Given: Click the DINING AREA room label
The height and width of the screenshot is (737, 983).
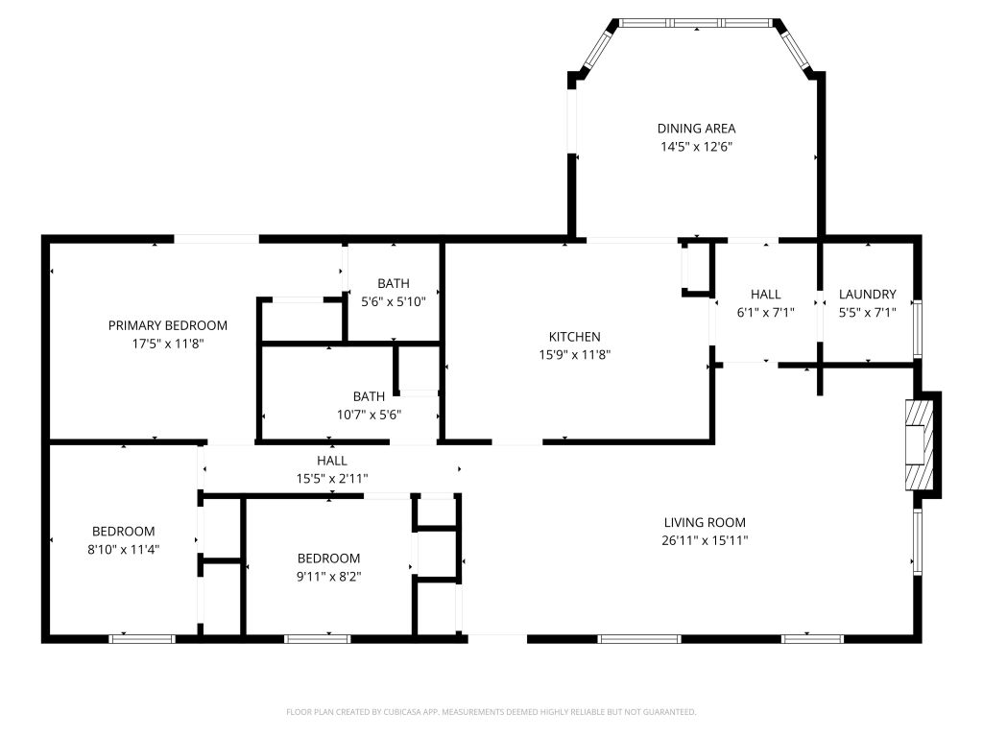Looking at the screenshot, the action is click(x=696, y=129).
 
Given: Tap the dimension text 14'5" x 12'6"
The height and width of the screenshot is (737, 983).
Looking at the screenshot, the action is click(x=697, y=147).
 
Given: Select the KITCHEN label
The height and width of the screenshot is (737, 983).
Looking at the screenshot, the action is click(x=574, y=337).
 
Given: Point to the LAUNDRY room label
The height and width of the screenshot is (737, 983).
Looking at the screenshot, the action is click(x=867, y=294).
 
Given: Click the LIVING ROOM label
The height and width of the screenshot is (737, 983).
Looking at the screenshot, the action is click(x=705, y=522).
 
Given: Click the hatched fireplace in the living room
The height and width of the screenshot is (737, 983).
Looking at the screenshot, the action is click(x=920, y=444).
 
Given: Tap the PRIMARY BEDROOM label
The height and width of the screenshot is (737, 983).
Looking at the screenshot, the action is click(x=167, y=325).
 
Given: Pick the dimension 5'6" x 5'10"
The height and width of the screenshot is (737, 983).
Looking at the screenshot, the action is click(x=393, y=301).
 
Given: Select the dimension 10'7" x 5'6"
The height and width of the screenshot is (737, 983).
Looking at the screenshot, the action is click(x=369, y=415).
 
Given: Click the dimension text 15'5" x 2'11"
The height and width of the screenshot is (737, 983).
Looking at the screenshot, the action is click(x=331, y=478).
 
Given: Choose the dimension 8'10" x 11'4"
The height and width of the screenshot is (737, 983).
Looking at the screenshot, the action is click(x=124, y=550).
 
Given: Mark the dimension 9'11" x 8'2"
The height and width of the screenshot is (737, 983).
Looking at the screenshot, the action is click(x=328, y=577).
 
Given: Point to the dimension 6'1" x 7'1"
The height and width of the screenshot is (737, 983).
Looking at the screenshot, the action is click(x=765, y=312).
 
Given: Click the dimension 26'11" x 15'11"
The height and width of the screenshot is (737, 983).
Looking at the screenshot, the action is click(x=705, y=540).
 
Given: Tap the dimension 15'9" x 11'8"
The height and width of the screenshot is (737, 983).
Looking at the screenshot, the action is click(x=574, y=355).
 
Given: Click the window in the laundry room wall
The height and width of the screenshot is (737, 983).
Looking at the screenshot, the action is click(x=918, y=329).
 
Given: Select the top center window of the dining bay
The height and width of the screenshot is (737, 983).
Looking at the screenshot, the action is click(x=696, y=23).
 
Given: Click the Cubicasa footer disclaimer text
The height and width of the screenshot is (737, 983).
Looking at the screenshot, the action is click(x=491, y=712).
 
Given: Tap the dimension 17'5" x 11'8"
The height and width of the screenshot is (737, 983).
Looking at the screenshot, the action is click(x=167, y=344).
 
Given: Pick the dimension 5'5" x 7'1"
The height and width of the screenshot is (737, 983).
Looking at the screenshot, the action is click(x=867, y=312).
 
